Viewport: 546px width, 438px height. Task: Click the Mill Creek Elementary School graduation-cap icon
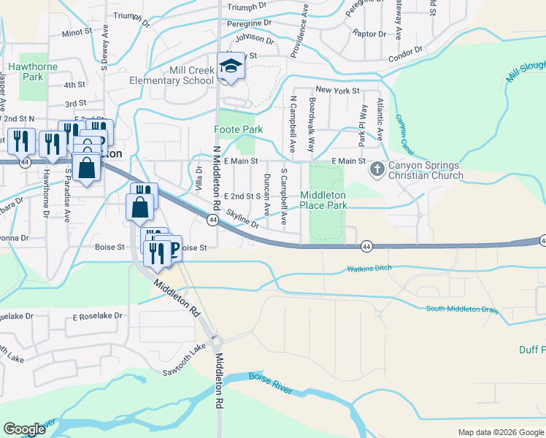(x=231, y=66)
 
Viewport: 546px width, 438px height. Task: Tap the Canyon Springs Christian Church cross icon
(x=377, y=169)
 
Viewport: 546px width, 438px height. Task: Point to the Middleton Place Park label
(x=324, y=200)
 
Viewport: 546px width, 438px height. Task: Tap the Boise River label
(x=270, y=383)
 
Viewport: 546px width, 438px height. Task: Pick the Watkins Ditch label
(x=369, y=269)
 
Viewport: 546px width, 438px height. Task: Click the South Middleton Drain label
(x=462, y=309)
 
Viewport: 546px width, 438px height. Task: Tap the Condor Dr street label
(x=407, y=53)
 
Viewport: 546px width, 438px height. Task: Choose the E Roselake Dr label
(x=97, y=318)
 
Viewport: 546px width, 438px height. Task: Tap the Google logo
(x=23, y=429)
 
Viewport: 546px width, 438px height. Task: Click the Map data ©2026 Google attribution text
(x=500, y=432)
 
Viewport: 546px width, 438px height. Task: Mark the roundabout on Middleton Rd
(x=216, y=341)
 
